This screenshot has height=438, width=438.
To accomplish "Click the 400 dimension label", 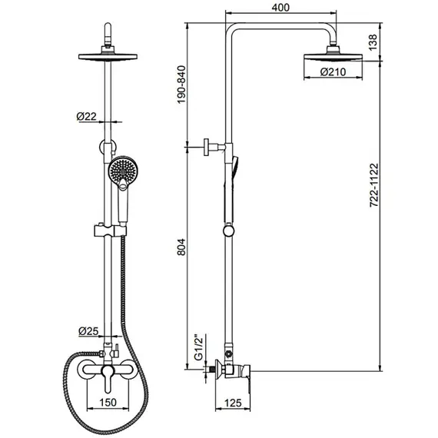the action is pyautogui.click(x=280, y=7).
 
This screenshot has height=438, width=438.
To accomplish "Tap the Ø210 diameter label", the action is pyautogui.click(x=333, y=72).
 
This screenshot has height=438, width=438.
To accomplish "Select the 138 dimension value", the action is pyautogui.click(x=373, y=42).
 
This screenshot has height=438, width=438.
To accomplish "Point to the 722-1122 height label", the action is pyautogui.click(x=373, y=185).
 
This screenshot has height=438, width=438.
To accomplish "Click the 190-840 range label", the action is pyautogui.click(x=181, y=85).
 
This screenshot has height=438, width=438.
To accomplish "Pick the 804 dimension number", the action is pyautogui.click(x=181, y=247).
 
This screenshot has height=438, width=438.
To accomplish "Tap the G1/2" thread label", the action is pyautogui.click(x=200, y=347).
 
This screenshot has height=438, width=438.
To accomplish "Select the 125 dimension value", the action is pyautogui.click(x=233, y=403).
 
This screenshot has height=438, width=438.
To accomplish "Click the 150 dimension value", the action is pyautogui.click(x=108, y=402).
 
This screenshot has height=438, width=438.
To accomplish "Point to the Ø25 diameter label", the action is pyautogui.click(x=88, y=331).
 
